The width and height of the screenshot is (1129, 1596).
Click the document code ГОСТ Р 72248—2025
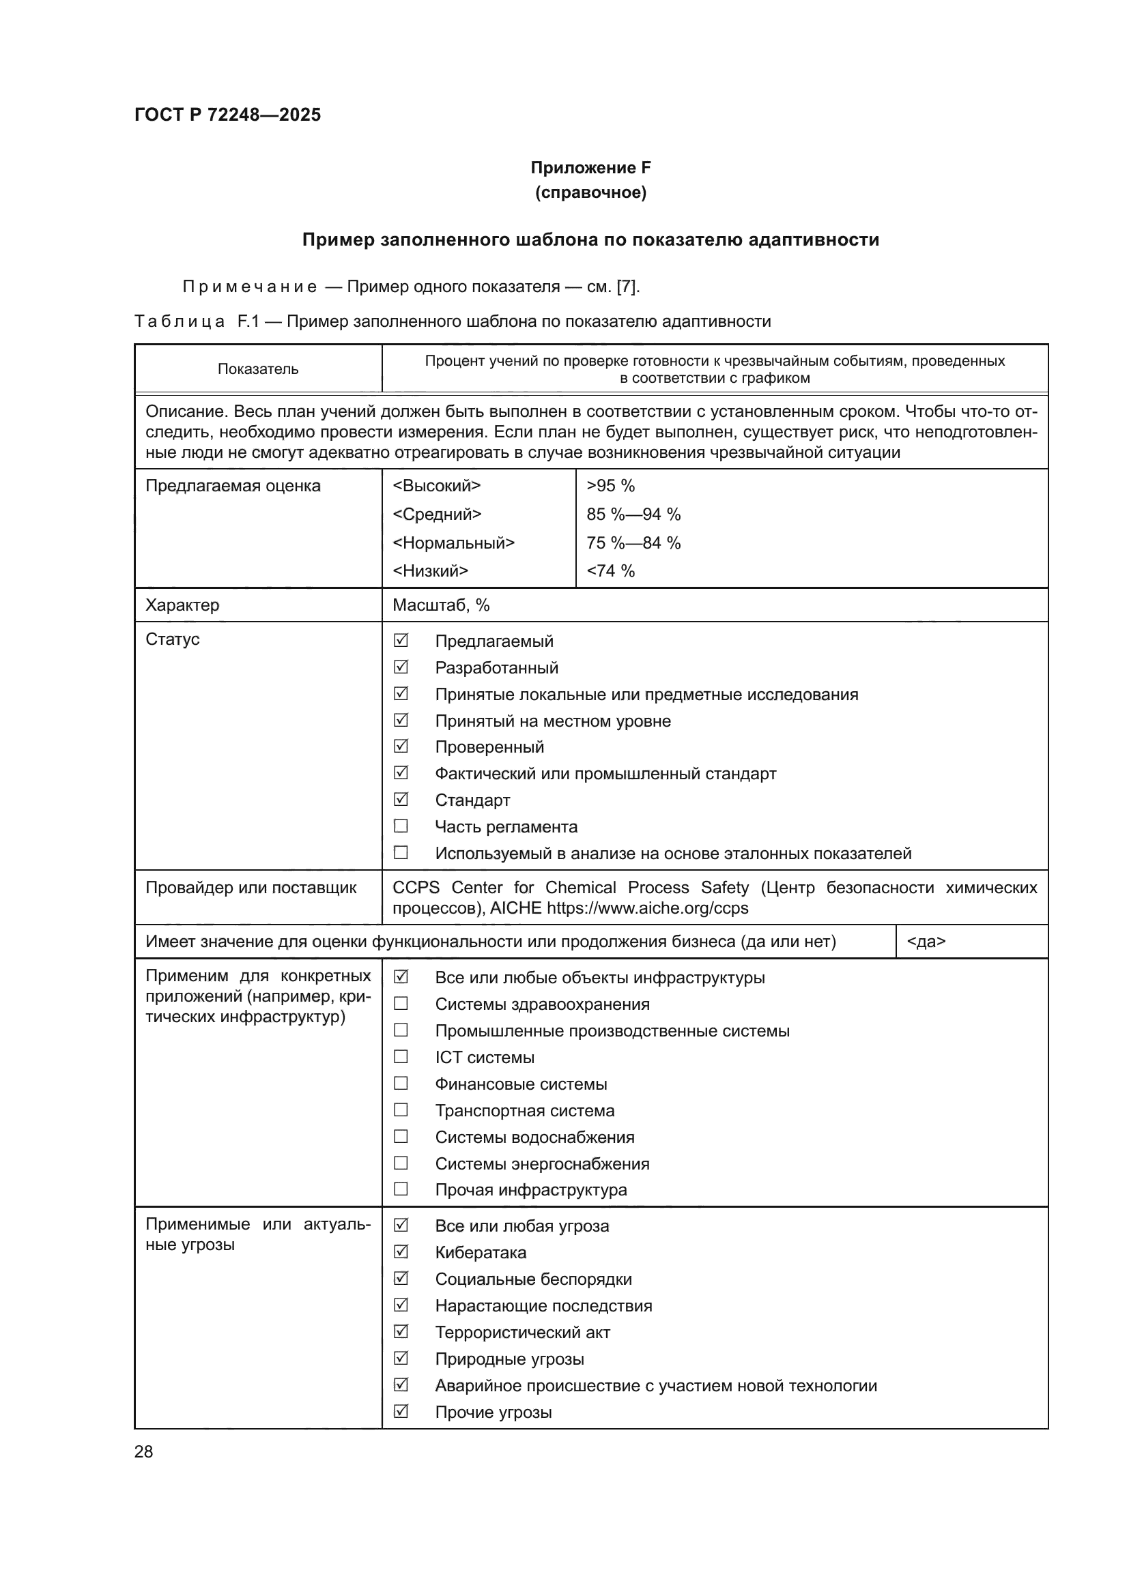(227, 115)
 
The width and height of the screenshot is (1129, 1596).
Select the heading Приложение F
(590, 168)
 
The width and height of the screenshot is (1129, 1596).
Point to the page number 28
(144, 1451)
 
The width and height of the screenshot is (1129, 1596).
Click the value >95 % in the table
(610, 486)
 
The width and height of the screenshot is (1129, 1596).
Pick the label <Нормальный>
(453, 543)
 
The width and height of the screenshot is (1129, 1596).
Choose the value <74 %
(610, 570)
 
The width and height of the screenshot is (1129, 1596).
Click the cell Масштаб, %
(441, 605)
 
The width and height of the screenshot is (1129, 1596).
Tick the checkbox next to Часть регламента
(401, 826)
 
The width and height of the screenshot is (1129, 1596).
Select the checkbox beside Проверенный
(401, 746)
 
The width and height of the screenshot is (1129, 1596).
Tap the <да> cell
(926, 941)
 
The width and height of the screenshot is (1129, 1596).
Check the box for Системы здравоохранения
(401, 1003)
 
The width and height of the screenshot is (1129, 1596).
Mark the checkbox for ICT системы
(401, 1056)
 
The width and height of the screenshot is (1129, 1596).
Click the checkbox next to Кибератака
(401, 1252)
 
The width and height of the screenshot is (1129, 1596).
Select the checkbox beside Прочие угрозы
(401, 1412)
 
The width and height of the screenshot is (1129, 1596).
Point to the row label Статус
(173, 639)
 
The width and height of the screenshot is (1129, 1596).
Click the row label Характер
(182, 605)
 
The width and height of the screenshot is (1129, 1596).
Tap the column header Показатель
(258, 369)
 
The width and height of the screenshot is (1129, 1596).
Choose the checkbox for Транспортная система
(401, 1110)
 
